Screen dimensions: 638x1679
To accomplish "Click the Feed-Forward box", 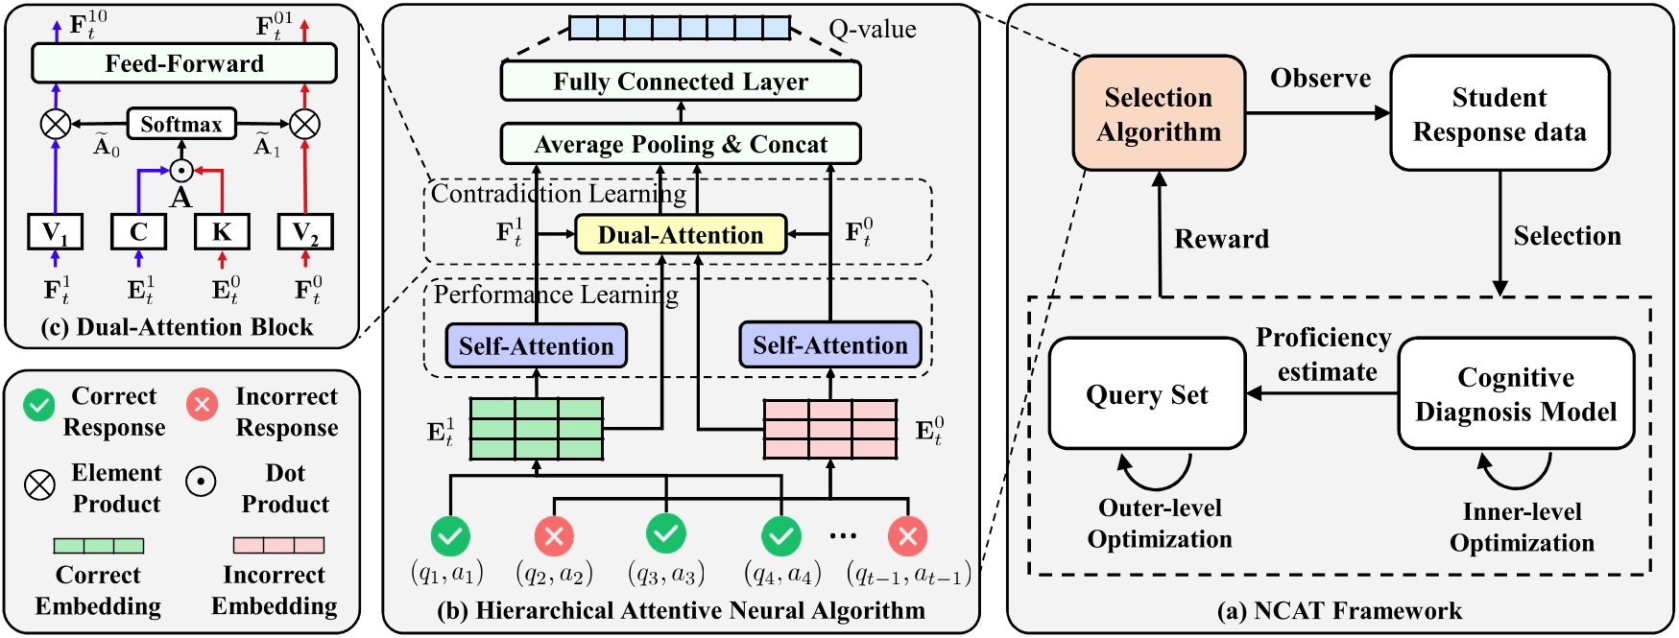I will (183, 63).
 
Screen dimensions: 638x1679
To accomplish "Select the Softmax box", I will (180, 124).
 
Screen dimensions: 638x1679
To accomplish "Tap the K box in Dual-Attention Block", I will (222, 231).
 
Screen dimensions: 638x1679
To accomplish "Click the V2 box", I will (305, 231).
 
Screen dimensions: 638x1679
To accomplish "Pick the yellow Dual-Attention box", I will (680, 234).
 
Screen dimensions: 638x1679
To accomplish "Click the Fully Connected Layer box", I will (680, 82).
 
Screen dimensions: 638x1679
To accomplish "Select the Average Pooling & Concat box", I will (680, 144).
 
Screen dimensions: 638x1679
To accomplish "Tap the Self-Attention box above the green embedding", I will (536, 345).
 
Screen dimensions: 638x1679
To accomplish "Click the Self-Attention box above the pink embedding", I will (829, 345).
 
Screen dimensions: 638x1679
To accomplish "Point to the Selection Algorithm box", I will (1159, 113).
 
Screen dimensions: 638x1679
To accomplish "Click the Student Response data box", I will (1499, 113).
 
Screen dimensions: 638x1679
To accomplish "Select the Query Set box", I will (1146, 393).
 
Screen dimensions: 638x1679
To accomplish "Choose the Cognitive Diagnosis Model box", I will (1516, 393).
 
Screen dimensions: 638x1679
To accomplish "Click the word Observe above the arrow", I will (1320, 79).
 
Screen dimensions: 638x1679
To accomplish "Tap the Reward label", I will (1221, 239).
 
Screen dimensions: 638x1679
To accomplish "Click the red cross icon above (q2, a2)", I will (554, 536).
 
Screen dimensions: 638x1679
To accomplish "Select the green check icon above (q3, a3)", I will (665, 532).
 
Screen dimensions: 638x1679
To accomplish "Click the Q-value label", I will (872, 29).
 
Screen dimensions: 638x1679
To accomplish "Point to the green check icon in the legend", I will (39, 405).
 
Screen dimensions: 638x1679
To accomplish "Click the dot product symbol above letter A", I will (180, 171).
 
